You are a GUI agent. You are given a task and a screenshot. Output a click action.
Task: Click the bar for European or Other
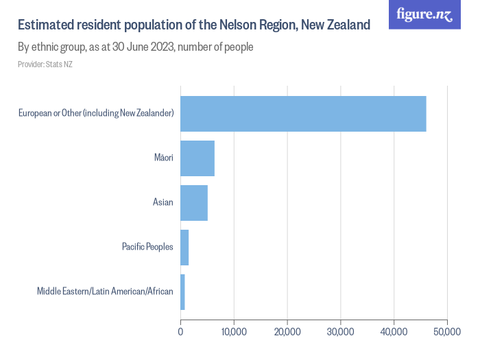pos(303,114)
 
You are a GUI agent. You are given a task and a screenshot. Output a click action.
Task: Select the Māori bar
pos(197,158)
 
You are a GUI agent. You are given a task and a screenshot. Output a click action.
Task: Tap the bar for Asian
pos(194,203)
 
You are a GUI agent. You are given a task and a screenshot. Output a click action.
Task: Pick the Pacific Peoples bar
pos(184,248)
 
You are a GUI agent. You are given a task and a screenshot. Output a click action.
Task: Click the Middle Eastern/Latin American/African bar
pos(182,292)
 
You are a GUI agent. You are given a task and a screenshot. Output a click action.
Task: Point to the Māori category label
pos(163,158)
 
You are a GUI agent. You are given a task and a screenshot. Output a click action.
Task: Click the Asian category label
pos(163,203)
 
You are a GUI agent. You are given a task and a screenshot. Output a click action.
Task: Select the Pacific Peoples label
pos(147,248)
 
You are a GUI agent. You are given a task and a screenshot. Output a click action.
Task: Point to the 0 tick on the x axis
pos(180,332)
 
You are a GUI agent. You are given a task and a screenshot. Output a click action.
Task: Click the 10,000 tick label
pos(234,332)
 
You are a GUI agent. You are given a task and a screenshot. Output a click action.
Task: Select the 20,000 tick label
pos(287,332)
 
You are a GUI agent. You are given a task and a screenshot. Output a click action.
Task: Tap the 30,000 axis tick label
pos(341,332)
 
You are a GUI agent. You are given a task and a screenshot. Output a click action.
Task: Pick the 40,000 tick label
pos(394,332)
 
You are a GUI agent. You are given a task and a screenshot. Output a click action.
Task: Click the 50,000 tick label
pos(446,332)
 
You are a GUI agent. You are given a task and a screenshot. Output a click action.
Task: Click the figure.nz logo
pos(425,15)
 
